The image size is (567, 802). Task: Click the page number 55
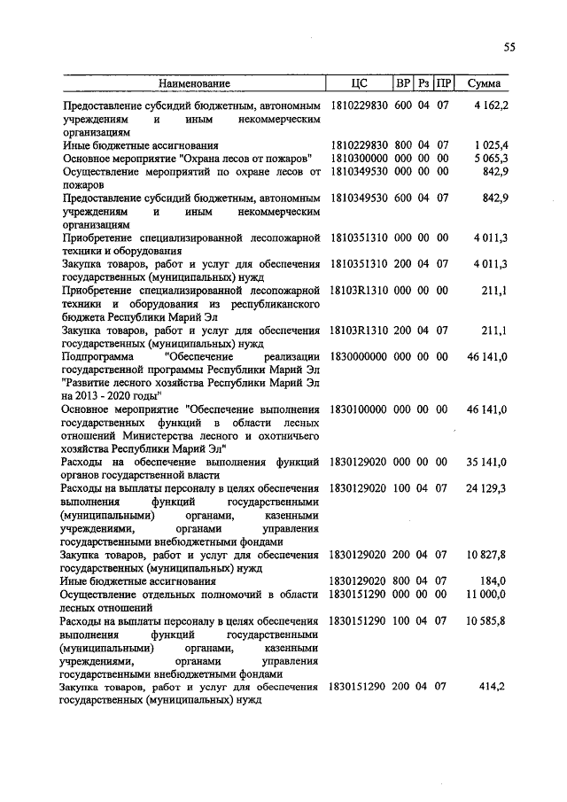pos(509,49)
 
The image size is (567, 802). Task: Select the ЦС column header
pos(359,83)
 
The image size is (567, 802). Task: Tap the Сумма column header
pos(483,83)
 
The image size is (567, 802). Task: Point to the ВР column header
pos(403,83)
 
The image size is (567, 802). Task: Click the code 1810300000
pos(358,157)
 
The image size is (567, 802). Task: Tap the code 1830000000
pos(358,355)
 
